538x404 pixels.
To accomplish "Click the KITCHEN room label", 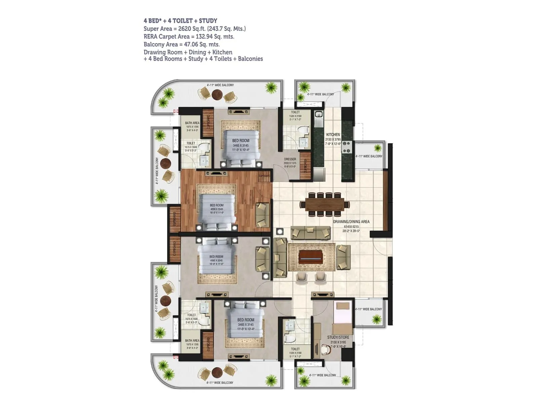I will click(x=333, y=134).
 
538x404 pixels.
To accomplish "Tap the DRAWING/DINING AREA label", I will click(x=351, y=222).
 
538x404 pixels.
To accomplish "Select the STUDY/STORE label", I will click(x=338, y=337).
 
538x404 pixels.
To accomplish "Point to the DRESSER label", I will click(x=290, y=159).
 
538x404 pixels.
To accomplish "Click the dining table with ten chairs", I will click(x=325, y=204).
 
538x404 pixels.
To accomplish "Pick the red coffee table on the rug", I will click(x=311, y=257).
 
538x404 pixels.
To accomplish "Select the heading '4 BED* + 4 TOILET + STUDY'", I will click(x=180, y=21).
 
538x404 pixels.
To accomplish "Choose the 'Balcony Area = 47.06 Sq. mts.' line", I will click(x=182, y=44).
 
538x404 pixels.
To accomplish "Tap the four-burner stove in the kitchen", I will click(x=346, y=147).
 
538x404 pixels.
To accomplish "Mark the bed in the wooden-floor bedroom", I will click(x=217, y=210).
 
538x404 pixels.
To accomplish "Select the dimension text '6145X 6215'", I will click(x=351, y=227).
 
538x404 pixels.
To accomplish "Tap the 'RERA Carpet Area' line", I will click(x=189, y=36).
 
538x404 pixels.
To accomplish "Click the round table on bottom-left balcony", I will click(x=217, y=372).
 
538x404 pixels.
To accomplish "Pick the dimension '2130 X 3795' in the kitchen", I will click(x=333, y=139).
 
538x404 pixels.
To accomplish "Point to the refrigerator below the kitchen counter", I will click(x=318, y=174).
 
